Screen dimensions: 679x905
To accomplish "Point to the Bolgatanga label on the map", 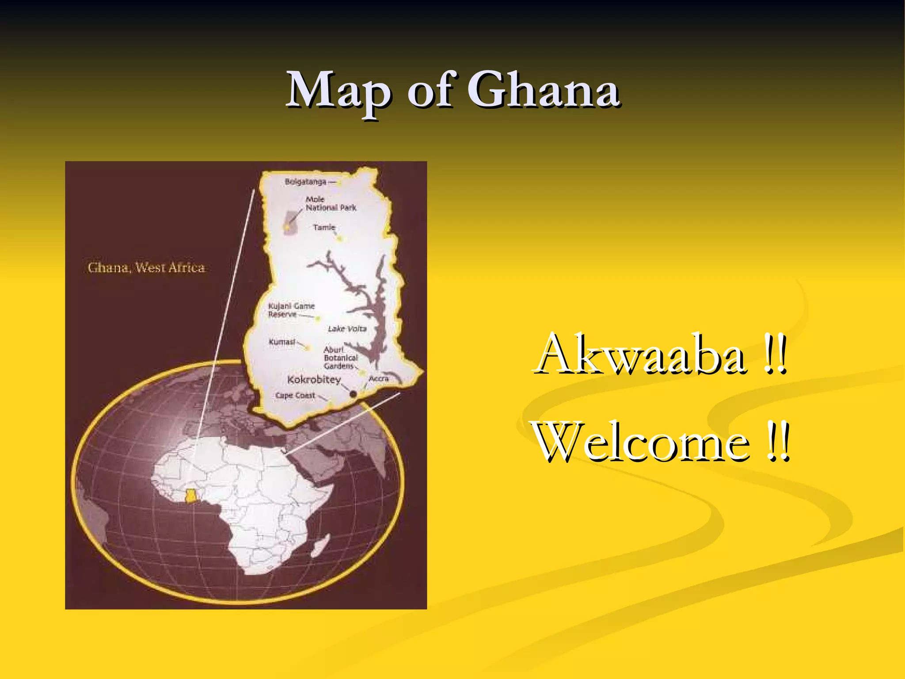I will tap(305, 182).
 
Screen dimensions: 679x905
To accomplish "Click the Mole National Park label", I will tap(331, 204).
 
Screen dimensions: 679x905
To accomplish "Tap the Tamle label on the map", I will tap(324, 227).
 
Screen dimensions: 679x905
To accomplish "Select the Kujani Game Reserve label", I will tap(291, 310).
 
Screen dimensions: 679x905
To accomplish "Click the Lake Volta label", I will tap(347, 329).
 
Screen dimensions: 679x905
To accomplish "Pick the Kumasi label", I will tap(282, 342).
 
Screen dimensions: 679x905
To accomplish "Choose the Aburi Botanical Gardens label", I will tap(340, 358).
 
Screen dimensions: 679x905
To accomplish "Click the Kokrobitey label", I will tap(314, 380).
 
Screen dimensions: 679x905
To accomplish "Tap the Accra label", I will tap(379, 378).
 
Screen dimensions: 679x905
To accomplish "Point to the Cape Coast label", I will tap(295, 395).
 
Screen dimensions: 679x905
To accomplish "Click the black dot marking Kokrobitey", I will tap(353, 394).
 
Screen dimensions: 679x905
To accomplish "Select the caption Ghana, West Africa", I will tap(146, 267).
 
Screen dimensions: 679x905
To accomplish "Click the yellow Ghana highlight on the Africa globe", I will tap(190, 496).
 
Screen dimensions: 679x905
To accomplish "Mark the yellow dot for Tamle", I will tap(340, 239).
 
